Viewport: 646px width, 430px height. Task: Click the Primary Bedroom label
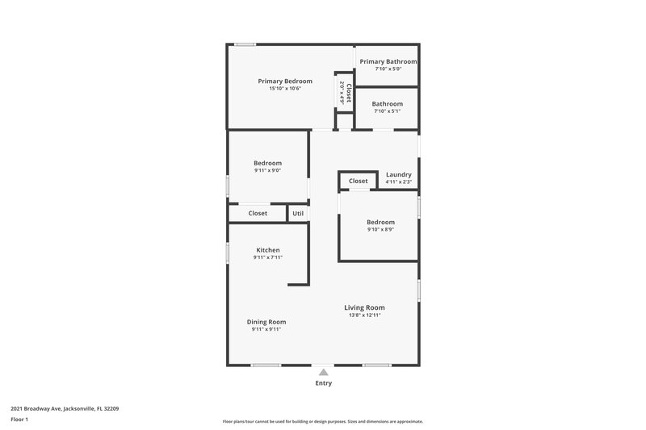(x=285, y=81)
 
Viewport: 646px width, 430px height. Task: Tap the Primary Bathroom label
(x=388, y=61)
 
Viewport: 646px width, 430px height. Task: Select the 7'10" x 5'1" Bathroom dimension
(x=388, y=111)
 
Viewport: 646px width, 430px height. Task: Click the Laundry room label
(x=399, y=174)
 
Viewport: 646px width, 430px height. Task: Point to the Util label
(x=298, y=214)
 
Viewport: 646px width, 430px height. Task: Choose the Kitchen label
(x=268, y=250)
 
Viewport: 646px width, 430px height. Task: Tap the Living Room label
(x=364, y=307)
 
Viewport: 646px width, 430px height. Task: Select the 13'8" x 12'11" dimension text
(x=364, y=315)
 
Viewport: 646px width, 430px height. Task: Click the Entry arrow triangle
(x=323, y=372)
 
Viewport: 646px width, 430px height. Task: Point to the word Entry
(x=323, y=383)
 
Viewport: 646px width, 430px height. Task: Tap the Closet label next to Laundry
(x=359, y=182)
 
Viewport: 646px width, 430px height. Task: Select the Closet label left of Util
(x=258, y=214)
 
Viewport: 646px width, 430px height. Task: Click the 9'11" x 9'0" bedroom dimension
(x=268, y=171)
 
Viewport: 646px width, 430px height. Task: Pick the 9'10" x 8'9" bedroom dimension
(x=380, y=230)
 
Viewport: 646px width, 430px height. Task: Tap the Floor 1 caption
(x=19, y=420)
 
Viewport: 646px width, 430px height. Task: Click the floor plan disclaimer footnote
(x=322, y=421)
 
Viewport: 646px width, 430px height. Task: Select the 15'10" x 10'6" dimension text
(x=285, y=89)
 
